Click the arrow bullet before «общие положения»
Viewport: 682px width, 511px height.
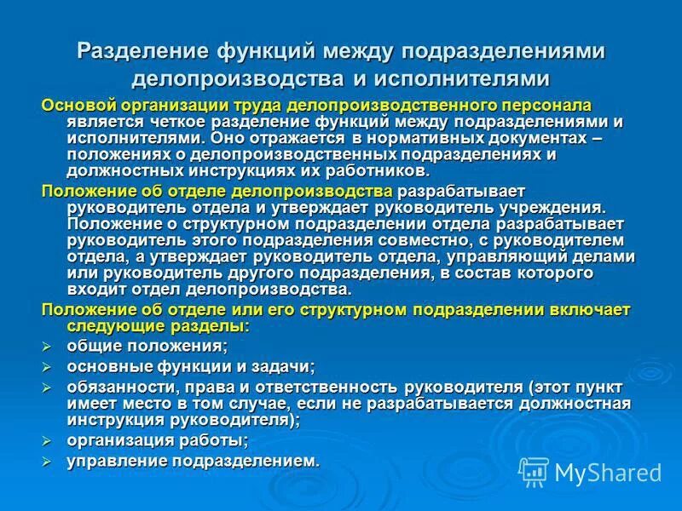(x=48, y=346)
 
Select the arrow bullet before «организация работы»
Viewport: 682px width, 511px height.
(x=48, y=441)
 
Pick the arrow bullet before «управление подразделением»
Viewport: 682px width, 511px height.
(x=48, y=462)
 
